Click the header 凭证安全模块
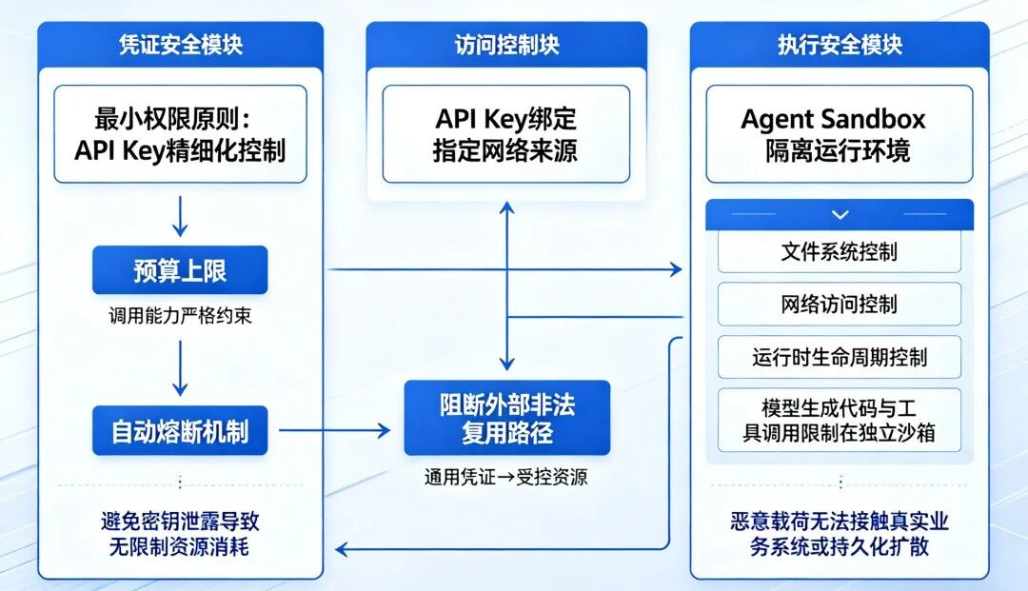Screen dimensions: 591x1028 click(x=180, y=45)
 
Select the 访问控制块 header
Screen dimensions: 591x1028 click(x=506, y=45)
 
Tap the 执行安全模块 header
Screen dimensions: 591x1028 click(x=839, y=45)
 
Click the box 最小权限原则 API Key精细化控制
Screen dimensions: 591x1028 click(x=180, y=134)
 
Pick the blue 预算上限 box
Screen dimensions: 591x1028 click(x=180, y=271)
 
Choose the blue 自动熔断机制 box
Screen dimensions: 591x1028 click(x=180, y=431)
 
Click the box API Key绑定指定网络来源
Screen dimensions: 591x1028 click(x=506, y=134)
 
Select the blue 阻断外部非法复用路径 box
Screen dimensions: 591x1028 click(x=506, y=418)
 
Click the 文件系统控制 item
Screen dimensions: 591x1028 click(x=839, y=252)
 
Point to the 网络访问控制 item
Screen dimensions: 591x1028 click(x=839, y=305)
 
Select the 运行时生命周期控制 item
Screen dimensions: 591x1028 click(x=839, y=358)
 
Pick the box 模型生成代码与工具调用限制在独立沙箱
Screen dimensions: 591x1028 click(x=839, y=420)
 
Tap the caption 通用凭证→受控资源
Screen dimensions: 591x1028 click(x=506, y=477)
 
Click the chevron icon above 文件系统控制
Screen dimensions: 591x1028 click(x=839, y=215)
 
